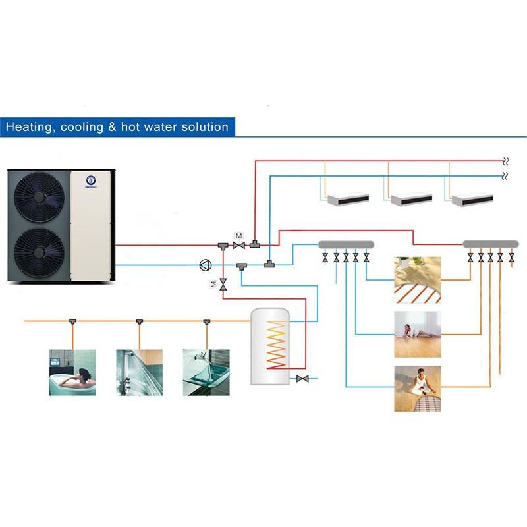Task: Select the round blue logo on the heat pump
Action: (x=92, y=179)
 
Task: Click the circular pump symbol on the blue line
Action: (x=204, y=265)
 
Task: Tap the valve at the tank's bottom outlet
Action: (x=303, y=379)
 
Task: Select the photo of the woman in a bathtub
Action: (x=72, y=372)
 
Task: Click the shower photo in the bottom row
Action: (x=139, y=372)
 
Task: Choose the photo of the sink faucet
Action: (x=206, y=372)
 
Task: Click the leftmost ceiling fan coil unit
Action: (x=348, y=198)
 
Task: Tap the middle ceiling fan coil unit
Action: (x=411, y=198)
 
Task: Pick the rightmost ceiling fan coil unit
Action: (x=472, y=198)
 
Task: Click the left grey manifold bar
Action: (x=346, y=244)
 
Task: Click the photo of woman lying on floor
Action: (x=418, y=325)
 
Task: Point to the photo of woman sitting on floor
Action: (x=418, y=389)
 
